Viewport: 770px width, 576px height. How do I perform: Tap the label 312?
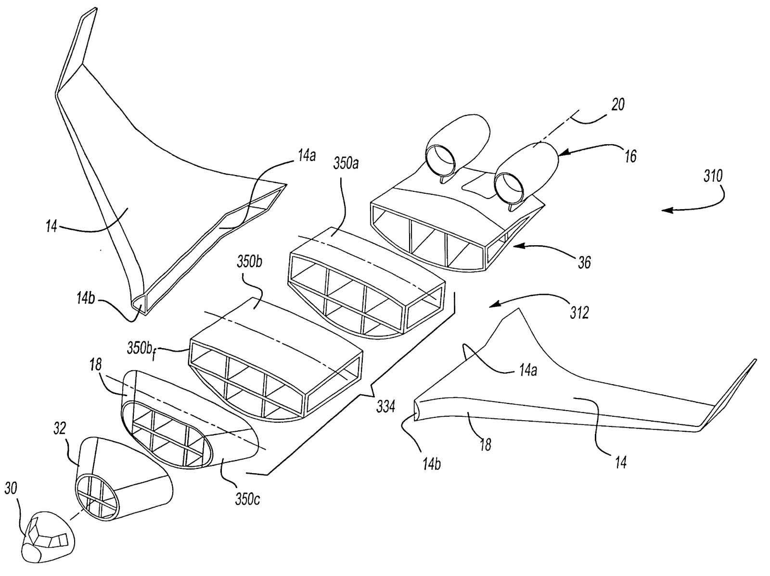(x=579, y=312)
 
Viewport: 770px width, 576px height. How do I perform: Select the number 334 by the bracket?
(x=385, y=407)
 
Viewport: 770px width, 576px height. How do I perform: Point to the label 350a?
(x=346, y=163)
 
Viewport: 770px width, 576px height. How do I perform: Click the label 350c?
(x=248, y=500)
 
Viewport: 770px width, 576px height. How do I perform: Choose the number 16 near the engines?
(x=630, y=156)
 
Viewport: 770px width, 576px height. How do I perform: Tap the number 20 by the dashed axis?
(x=618, y=104)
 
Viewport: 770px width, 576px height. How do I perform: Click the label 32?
(x=60, y=428)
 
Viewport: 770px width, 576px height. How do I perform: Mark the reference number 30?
(x=11, y=488)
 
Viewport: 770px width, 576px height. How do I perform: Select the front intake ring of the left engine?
(x=441, y=160)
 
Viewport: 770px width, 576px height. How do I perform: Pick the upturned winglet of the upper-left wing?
(x=76, y=49)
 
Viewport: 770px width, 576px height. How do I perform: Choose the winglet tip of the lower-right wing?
(x=755, y=361)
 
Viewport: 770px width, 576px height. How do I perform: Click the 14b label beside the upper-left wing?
(x=86, y=299)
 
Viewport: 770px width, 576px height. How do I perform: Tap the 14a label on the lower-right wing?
(x=527, y=370)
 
